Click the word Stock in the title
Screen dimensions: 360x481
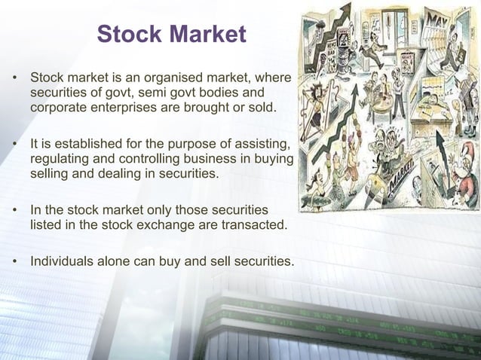click(x=130, y=34)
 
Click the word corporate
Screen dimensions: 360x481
click(x=57, y=109)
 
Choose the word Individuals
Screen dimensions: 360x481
click(x=61, y=261)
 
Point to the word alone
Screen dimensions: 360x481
click(x=113, y=261)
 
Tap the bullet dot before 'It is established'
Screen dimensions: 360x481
click(x=15, y=142)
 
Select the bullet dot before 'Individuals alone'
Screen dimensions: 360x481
click(x=15, y=261)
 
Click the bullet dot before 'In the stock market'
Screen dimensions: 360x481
click(x=15, y=207)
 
